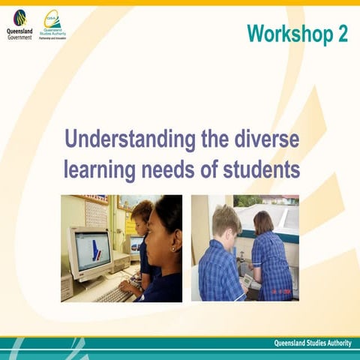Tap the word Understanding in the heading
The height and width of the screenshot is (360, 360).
(121, 139)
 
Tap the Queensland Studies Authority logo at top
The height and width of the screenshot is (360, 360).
(53, 19)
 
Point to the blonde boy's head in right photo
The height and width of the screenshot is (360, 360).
(226, 221)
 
